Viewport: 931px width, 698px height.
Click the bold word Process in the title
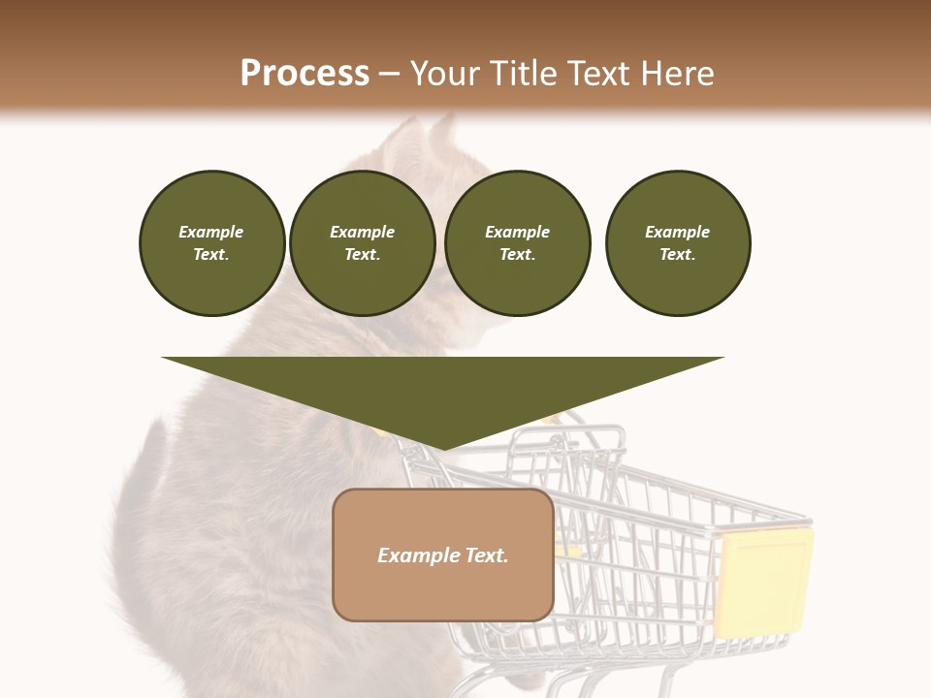point(305,74)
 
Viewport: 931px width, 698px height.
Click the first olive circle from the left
point(211,243)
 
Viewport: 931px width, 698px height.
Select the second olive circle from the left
point(362,243)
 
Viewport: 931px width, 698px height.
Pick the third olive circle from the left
point(517,243)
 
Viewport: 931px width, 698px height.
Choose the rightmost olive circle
point(677,243)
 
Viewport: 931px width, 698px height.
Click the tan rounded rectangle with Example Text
point(443,555)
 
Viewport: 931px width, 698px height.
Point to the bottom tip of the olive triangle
point(442,448)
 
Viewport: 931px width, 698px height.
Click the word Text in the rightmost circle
point(677,255)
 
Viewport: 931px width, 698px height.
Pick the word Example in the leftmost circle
point(211,233)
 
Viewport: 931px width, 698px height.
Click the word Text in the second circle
point(362,255)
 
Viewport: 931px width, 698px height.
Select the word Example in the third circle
point(517,233)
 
